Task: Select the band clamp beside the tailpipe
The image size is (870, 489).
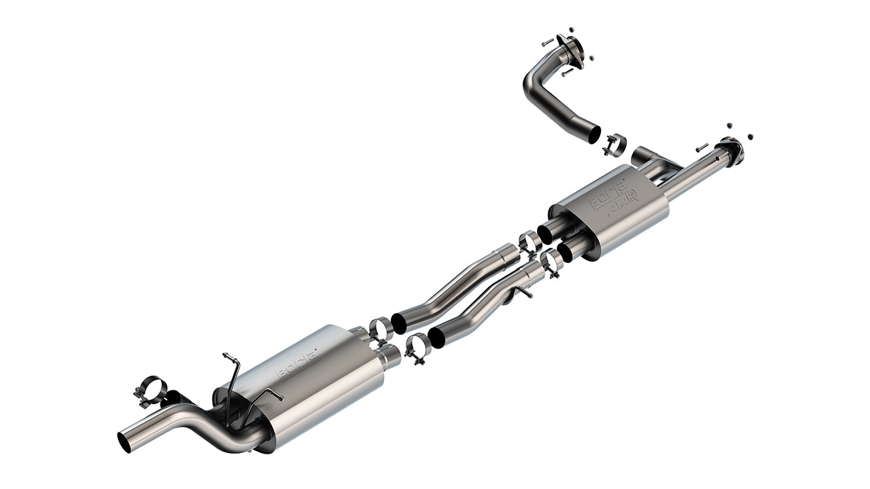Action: pyautogui.click(x=151, y=391)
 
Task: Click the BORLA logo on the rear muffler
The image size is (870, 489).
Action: pyautogui.click(x=297, y=364)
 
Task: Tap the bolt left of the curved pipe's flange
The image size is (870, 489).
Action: pyautogui.click(x=547, y=42)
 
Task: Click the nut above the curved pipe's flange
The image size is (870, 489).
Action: pyautogui.click(x=571, y=30)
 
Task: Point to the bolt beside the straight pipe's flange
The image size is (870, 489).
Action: pyautogui.click(x=701, y=147)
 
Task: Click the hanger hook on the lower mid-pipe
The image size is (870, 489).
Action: pyautogui.click(x=523, y=293)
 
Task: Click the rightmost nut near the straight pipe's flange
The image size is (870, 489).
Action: pyautogui.click(x=750, y=137)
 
